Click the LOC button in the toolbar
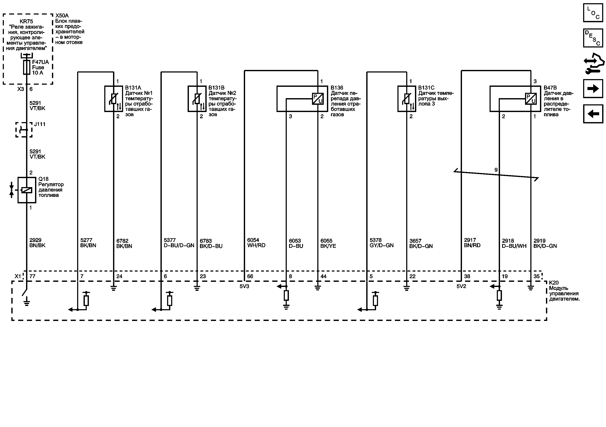tap(593, 13)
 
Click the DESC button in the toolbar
tap(593, 38)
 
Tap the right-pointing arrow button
tap(593, 89)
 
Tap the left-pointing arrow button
tap(593, 114)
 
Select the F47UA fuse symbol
tap(27, 67)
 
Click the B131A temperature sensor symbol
tap(114, 99)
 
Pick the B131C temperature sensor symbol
tap(407, 99)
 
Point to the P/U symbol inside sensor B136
tap(318, 99)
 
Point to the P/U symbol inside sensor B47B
tap(531, 99)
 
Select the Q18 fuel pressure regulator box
tap(27, 190)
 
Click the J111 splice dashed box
tap(24, 130)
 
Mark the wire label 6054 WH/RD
tap(256, 243)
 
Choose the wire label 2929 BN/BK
tap(37, 243)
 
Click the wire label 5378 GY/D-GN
tap(381, 243)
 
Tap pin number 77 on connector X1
tap(32, 276)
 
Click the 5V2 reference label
tap(461, 286)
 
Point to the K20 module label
tap(564, 291)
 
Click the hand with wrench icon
tap(594, 63)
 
